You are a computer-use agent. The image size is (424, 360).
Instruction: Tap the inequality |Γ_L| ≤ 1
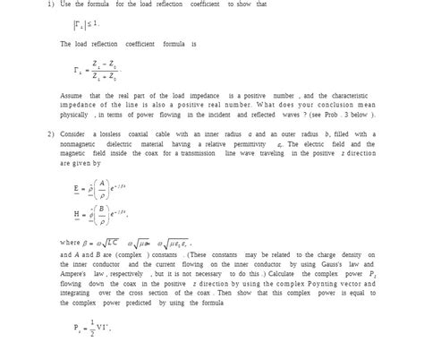coord(87,23)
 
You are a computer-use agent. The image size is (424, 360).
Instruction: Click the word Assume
coord(71,94)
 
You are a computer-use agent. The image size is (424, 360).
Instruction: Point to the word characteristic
coord(356,94)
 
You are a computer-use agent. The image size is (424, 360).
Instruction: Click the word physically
coord(74,115)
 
